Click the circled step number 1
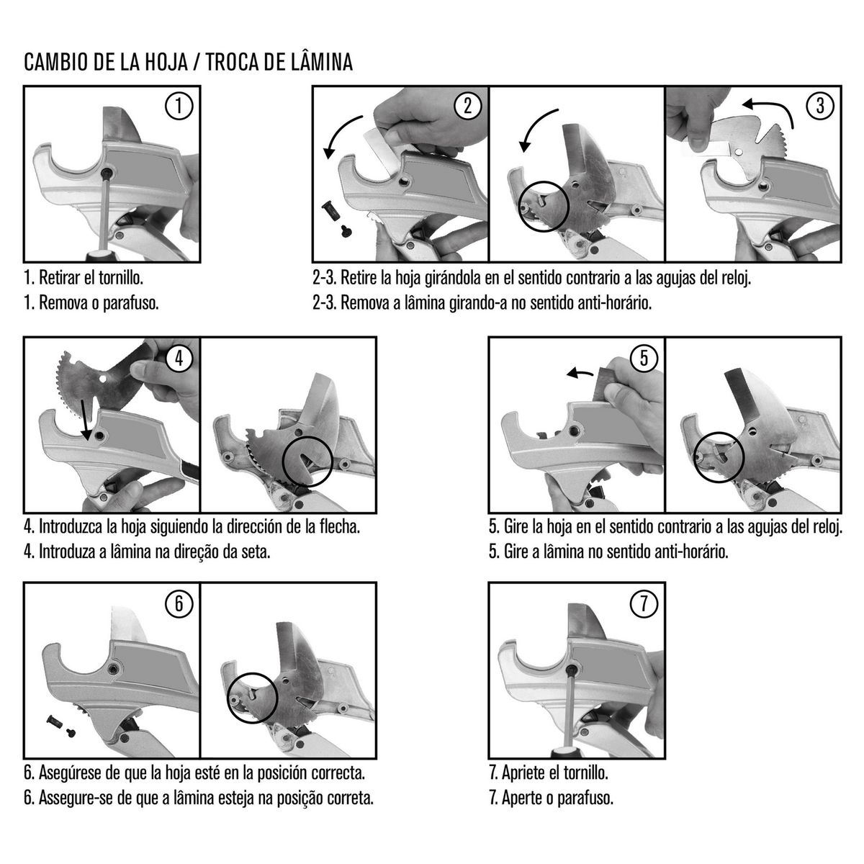(179, 107)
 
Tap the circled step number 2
(468, 107)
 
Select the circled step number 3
(820, 107)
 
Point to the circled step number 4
(179, 358)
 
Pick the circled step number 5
(644, 358)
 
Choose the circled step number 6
(179, 603)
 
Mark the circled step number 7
(644, 603)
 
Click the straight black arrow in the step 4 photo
(85, 420)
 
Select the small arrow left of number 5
(580, 372)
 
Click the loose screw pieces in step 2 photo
(336, 219)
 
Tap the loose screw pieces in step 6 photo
(60, 727)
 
